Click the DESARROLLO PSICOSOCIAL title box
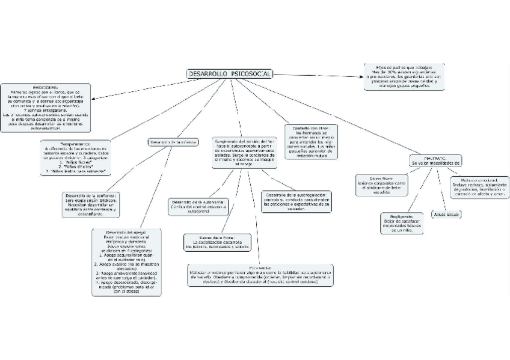(230, 74)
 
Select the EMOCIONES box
(46, 108)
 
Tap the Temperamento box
(76, 158)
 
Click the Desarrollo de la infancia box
(173, 142)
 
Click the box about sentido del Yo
(244, 152)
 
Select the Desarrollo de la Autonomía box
(198, 206)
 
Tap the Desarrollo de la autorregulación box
(296, 201)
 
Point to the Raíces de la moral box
(217, 242)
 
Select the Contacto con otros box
(311, 142)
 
